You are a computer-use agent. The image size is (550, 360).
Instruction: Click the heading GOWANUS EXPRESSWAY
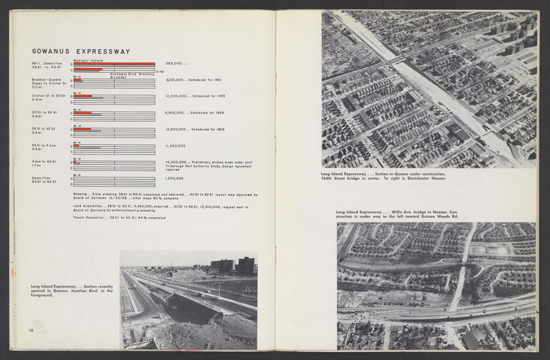point(81,52)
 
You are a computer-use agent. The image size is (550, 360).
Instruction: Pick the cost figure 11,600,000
point(176,146)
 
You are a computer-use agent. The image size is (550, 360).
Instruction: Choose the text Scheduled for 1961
point(206,80)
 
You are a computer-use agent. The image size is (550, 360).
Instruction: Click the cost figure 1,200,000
point(175,178)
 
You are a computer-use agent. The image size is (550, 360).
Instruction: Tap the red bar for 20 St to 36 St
point(82,113)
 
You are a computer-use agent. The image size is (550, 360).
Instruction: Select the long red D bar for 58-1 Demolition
point(114,63)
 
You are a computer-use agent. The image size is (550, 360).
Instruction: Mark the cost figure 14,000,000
point(177,162)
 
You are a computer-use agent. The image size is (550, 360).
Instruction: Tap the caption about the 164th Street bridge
point(383,176)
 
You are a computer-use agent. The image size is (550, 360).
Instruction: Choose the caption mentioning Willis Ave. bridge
point(398,215)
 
